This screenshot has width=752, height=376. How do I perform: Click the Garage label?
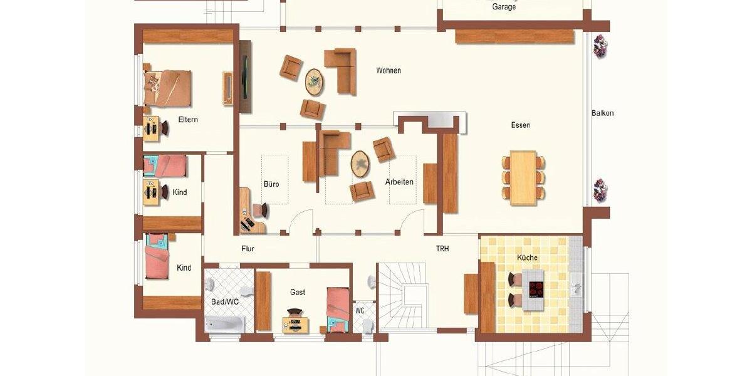504,7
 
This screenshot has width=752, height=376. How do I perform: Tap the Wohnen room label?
389,71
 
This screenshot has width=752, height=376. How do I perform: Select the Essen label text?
520,125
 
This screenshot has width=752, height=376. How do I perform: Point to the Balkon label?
602,113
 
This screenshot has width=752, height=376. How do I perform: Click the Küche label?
527,258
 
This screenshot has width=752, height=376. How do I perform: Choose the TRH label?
442,249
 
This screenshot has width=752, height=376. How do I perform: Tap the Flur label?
248,249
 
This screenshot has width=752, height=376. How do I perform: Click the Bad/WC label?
224,301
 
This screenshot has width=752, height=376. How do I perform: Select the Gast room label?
298,292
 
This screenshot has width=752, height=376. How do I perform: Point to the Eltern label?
188,120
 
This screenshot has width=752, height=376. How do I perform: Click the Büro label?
271,184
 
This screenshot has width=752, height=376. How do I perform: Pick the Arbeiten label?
399,182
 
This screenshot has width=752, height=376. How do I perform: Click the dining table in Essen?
523,178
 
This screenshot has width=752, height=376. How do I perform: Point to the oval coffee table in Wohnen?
315,82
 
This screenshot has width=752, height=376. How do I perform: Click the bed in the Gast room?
338,309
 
